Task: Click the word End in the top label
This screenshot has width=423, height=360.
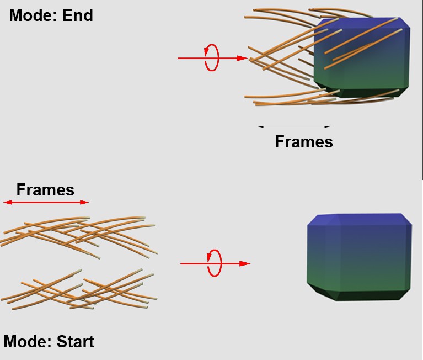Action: pos(78,15)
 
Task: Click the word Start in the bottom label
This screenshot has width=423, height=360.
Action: pos(76,341)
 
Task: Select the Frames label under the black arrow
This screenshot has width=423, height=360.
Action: pos(304,141)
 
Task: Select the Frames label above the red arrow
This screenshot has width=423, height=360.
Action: pos(45,189)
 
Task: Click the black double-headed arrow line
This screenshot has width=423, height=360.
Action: pos(294,126)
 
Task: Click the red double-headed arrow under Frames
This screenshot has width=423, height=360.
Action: pos(46,202)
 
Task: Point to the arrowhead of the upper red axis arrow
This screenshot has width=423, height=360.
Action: pos(242,58)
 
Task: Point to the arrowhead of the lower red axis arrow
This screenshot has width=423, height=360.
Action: pos(245,263)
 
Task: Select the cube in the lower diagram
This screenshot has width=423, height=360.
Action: pos(360,257)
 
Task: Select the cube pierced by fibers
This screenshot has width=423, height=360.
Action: pos(362,57)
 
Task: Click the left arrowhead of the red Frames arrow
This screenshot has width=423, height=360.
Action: pos(8,202)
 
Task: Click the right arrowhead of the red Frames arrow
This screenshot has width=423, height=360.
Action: pos(85,202)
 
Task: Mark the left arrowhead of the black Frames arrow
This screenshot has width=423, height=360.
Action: pos(259,126)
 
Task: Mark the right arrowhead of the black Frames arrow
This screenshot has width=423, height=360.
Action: pos(329,126)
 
